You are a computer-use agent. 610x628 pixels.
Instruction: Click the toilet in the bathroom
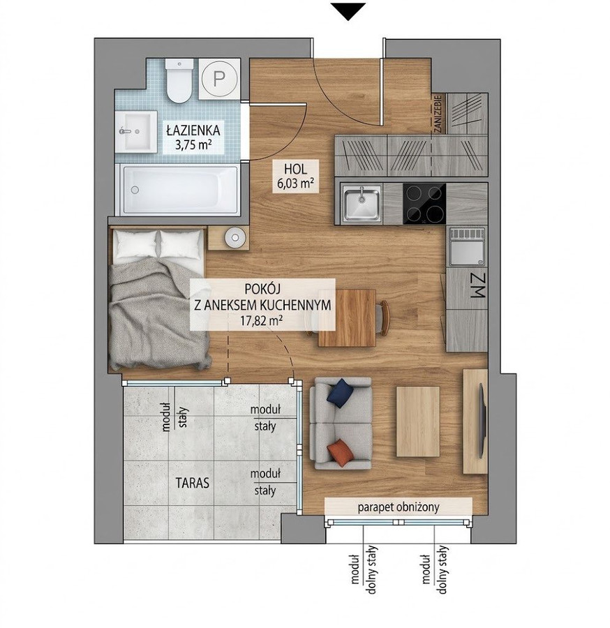(179, 82)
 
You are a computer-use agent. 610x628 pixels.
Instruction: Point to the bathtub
(180, 190)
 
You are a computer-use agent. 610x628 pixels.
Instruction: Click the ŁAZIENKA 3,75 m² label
(193, 137)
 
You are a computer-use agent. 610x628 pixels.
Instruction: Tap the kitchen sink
(362, 204)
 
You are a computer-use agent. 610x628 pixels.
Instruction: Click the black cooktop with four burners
(424, 204)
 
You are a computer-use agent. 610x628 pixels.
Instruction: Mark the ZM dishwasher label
(477, 285)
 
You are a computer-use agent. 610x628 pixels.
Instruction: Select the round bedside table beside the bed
(235, 238)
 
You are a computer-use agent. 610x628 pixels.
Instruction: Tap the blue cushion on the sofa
(341, 393)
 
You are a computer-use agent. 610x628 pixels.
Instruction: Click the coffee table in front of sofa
(418, 421)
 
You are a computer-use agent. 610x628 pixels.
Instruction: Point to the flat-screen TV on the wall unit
(483, 420)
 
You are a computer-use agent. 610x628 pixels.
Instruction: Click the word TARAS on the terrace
(192, 483)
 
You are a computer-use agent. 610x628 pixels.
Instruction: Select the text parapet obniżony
(399, 507)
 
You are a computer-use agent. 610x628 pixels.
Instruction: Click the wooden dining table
(347, 318)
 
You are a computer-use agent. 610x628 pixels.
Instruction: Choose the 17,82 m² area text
(262, 320)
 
